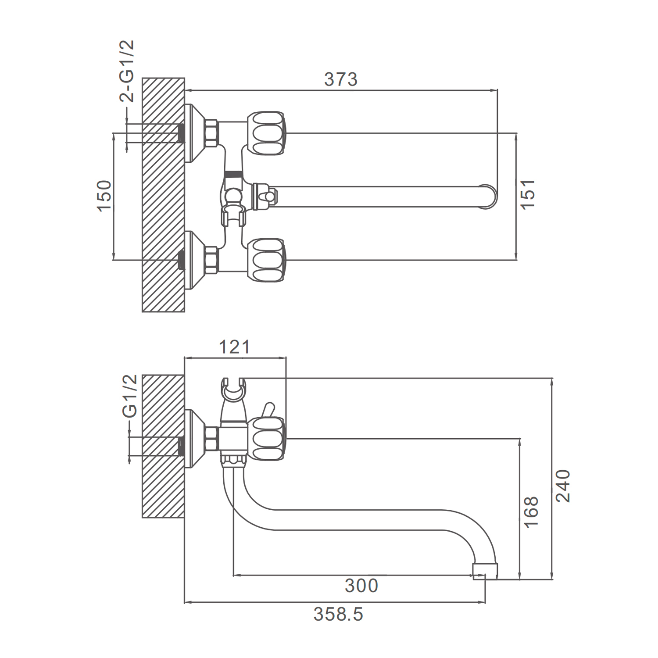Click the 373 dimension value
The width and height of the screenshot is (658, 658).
341,80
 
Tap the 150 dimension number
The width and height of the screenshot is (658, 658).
104,196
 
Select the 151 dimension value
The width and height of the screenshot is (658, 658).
528,194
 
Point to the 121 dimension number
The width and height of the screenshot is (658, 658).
234,347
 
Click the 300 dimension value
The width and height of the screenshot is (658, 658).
361,586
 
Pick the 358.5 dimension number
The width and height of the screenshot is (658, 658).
338,615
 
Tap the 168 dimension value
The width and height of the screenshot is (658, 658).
531,512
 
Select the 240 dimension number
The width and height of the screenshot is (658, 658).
563,486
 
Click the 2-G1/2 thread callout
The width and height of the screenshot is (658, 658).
127,71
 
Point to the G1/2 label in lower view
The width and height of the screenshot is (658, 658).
130,396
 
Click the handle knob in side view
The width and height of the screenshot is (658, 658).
266,439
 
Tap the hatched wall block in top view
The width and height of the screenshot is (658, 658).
163,195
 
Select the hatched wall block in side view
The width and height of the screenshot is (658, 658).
163,446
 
